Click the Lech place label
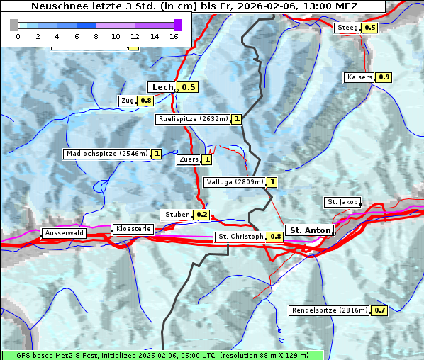[x=162, y=87]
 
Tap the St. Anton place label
[x=311, y=230]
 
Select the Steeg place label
[x=347, y=28]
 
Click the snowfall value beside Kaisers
[x=384, y=77]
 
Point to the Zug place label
[x=128, y=101]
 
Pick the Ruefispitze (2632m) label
[x=193, y=119]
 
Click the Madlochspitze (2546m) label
[x=106, y=154]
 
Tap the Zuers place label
[x=189, y=160]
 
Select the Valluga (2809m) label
[x=235, y=182]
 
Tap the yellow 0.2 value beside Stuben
[x=202, y=215]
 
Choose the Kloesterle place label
[x=132, y=229]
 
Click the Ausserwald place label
[x=64, y=232]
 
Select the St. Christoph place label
[x=240, y=237]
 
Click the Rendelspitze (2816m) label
[x=330, y=310]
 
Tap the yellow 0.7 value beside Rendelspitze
[x=380, y=310]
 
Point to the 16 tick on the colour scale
[x=174, y=35]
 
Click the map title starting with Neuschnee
[x=194, y=6]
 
